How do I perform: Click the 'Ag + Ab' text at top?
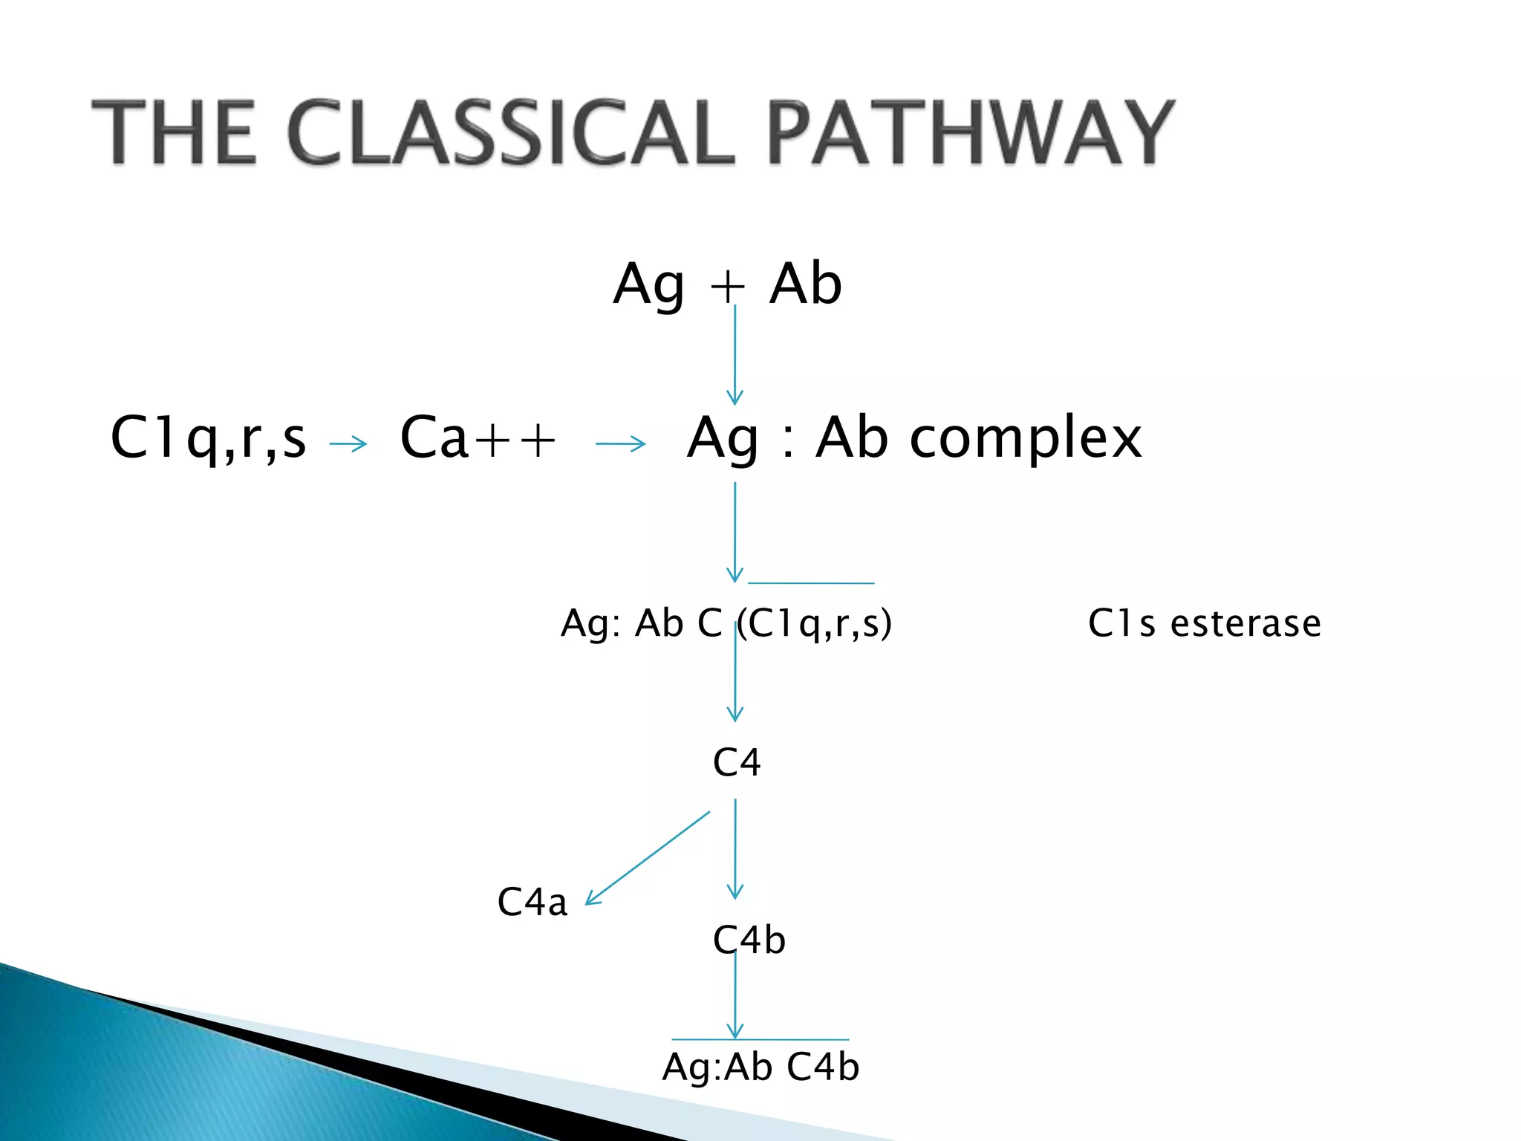coord(727,285)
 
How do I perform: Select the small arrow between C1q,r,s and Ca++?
coord(348,444)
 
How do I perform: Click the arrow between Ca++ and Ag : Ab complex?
coord(620,444)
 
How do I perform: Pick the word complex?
coord(1026,438)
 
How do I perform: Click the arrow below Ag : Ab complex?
coord(735,532)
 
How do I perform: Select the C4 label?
coord(737,763)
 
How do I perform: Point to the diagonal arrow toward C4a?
coord(648,857)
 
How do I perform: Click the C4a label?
coord(532,903)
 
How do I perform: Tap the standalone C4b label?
coord(749,940)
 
